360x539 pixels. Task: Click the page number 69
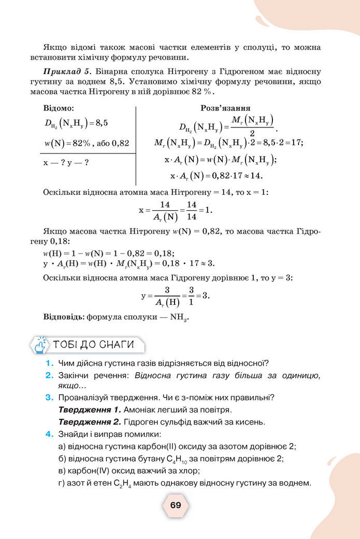click(176, 505)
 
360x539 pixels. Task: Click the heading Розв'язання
click(226, 108)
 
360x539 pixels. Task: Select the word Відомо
click(59, 108)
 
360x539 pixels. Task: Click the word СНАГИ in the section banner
click(117, 345)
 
